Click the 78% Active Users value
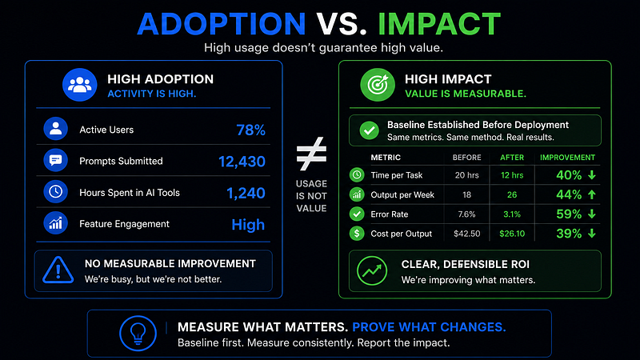pyautogui.click(x=250, y=130)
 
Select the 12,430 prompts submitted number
pyautogui.click(x=242, y=162)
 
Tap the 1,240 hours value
pyautogui.click(x=246, y=193)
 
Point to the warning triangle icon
pyautogui.click(x=58, y=270)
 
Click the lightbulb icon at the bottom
pyautogui.click(x=138, y=334)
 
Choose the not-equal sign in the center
pyautogui.click(x=311, y=154)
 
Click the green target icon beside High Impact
pyautogui.click(x=378, y=85)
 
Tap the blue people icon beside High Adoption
pyautogui.click(x=79, y=85)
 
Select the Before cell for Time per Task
pyautogui.click(x=467, y=175)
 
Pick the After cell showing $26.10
pyautogui.click(x=512, y=234)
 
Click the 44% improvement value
pyautogui.click(x=569, y=194)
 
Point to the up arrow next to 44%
pyautogui.click(x=592, y=194)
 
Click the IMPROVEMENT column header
pyautogui.click(x=567, y=158)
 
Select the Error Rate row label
pyautogui.click(x=390, y=214)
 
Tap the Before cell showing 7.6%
pyautogui.click(x=466, y=214)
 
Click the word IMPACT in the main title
pyautogui.click(x=439, y=24)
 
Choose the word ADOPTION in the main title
pyautogui.click(x=222, y=24)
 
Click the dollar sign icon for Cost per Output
pyautogui.click(x=357, y=234)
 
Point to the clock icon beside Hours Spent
pyautogui.click(x=55, y=192)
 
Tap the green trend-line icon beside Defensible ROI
pyautogui.click(x=372, y=271)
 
